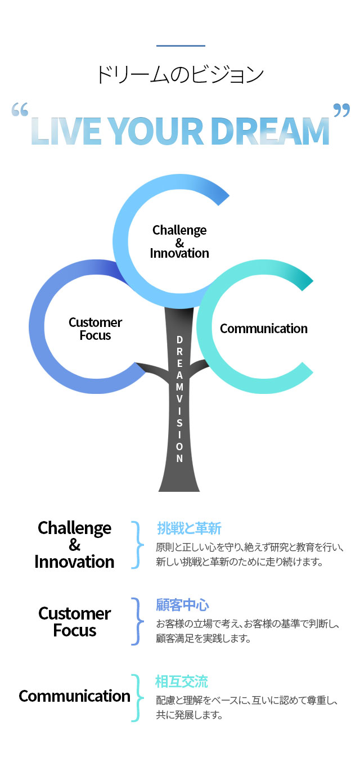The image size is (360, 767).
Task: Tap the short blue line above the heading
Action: pyautogui.click(x=181, y=46)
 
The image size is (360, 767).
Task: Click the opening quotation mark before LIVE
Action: pyautogui.click(x=20, y=110)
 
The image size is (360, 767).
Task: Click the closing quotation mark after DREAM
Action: pyautogui.click(x=341, y=110)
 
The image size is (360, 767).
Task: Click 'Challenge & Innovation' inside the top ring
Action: pyautogui.click(x=179, y=241)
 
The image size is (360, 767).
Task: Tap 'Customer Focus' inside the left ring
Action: pyautogui.click(x=95, y=329)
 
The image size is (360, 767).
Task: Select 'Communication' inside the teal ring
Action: pyautogui.click(x=263, y=329)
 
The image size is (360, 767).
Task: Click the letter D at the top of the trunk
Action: pyautogui.click(x=179, y=340)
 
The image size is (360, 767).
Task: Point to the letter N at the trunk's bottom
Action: pyautogui.click(x=179, y=458)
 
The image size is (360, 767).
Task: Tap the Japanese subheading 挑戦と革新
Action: pyautogui.click(x=189, y=528)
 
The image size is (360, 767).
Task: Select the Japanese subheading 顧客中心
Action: pyautogui.click(x=182, y=605)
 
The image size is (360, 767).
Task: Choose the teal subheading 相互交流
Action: pyautogui.click(x=182, y=681)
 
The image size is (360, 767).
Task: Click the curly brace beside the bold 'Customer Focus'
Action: pyautogui.click(x=138, y=621)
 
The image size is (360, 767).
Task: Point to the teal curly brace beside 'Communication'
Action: pyautogui.click(x=138, y=698)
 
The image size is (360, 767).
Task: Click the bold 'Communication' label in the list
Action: pyautogui.click(x=75, y=696)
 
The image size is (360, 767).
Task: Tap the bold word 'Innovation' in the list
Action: pyautogui.click(x=74, y=562)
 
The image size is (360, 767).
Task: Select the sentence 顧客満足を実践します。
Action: pyautogui.click(x=204, y=639)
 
